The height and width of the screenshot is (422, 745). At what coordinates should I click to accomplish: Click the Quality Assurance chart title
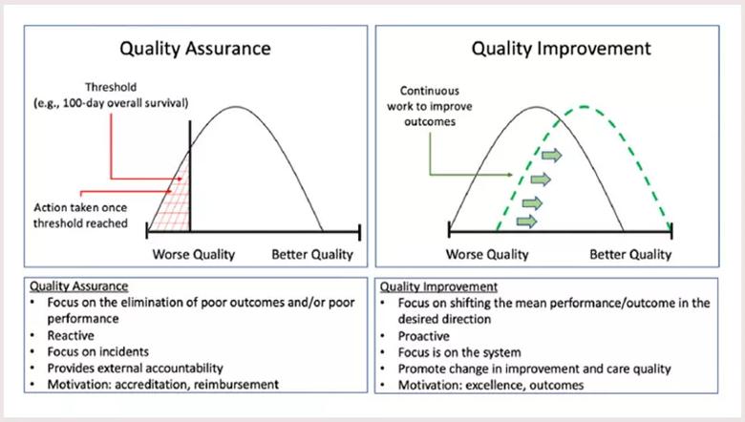(x=195, y=49)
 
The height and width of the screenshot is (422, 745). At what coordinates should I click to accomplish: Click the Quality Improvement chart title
(x=561, y=49)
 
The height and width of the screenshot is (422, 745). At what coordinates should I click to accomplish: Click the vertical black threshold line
(x=190, y=176)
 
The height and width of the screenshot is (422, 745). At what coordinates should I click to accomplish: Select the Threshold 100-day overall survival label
(x=111, y=95)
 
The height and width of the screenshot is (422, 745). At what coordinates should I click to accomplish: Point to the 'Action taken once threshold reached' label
(x=80, y=216)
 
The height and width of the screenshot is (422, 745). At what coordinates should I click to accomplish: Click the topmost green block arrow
(x=552, y=156)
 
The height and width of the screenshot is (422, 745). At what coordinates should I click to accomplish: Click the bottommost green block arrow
(x=526, y=222)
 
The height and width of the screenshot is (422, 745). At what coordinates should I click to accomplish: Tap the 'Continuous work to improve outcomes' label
(x=430, y=106)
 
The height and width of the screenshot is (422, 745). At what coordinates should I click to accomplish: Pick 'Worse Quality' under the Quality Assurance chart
(x=193, y=254)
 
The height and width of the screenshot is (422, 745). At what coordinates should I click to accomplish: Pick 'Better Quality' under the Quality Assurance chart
(x=312, y=254)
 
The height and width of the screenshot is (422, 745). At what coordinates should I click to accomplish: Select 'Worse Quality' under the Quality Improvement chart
(x=487, y=254)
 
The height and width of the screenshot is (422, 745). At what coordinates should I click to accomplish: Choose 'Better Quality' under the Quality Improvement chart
(x=630, y=254)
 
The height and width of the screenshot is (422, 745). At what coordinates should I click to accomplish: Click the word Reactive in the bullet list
(x=71, y=336)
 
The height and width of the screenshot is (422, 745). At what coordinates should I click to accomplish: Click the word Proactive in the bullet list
(x=424, y=336)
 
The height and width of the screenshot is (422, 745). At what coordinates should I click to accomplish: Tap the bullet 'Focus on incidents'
(x=97, y=351)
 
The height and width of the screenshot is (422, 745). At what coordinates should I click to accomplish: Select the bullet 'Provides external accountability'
(x=135, y=369)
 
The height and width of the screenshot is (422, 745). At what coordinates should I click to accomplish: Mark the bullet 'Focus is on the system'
(x=459, y=352)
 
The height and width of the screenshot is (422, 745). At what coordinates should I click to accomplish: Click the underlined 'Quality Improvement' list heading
(x=438, y=286)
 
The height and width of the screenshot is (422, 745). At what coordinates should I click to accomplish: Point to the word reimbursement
(x=236, y=385)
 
